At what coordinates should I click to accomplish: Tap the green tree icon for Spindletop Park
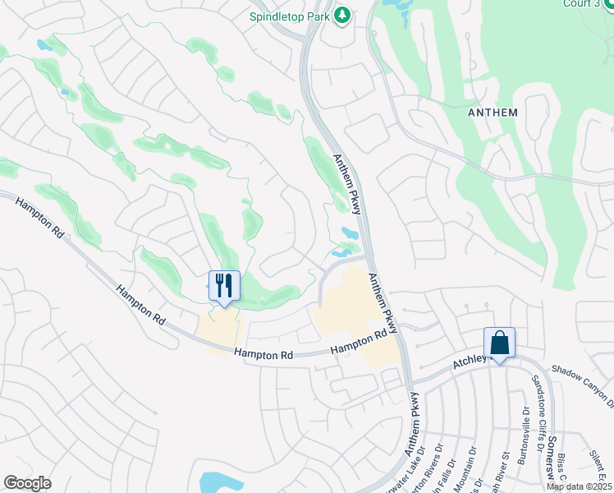coord(343,16)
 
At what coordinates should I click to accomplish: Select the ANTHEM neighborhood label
coord(493,113)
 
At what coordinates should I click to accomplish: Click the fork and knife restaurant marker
coord(224,286)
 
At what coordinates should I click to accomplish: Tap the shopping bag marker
coord(499,342)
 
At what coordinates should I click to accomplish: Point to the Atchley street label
coord(471,362)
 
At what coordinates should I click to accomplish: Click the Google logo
coord(27,482)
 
